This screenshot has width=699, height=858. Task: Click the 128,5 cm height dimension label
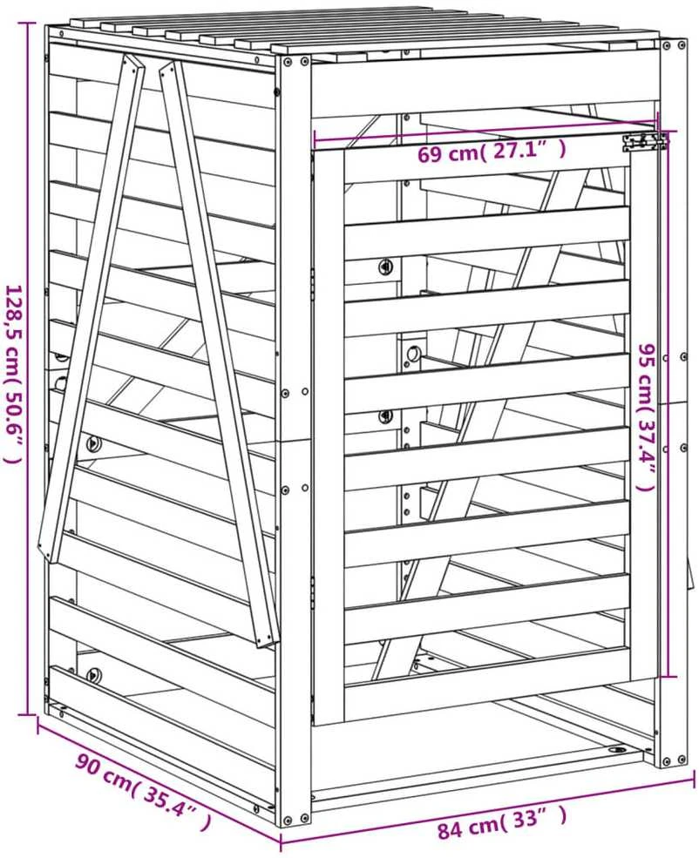[13, 375]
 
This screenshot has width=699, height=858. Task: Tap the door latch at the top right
[644, 142]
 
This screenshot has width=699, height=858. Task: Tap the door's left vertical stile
[329, 432]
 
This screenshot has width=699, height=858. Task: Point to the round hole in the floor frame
[618, 748]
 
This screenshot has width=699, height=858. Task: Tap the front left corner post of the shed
[295, 438]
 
